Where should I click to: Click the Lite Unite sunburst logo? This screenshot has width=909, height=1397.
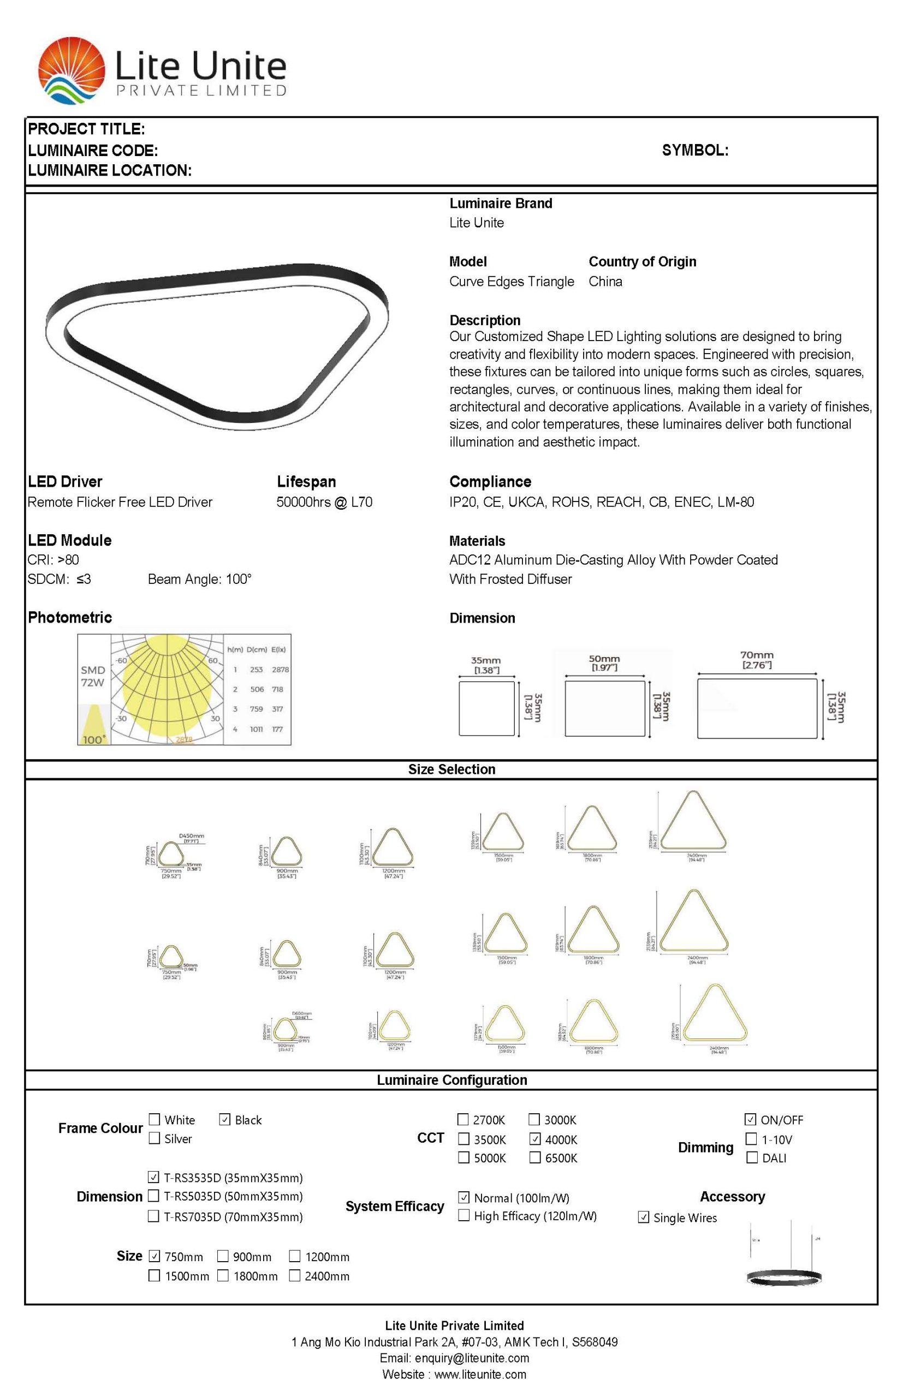(71, 70)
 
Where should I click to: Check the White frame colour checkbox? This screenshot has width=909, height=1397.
(155, 1119)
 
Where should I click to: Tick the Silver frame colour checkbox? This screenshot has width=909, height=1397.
(155, 1138)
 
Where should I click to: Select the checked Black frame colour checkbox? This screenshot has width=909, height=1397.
(224, 1119)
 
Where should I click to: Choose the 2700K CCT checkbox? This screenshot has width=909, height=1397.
(464, 1119)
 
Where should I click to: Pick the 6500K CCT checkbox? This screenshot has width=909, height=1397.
(534, 1157)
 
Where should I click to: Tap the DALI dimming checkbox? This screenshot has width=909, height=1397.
(751, 1157)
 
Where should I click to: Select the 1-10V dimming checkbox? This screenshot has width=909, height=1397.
(751, 1138)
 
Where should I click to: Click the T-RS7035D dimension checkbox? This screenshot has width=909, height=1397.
(153, 1216)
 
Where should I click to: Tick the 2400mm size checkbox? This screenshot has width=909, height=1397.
(295, 1275)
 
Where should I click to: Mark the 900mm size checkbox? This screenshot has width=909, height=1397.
(223, 1256)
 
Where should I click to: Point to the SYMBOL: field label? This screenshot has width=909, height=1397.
(694, 150)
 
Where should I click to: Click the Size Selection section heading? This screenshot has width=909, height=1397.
(451, 769)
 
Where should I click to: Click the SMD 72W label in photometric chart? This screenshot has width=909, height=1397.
(93, 676)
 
